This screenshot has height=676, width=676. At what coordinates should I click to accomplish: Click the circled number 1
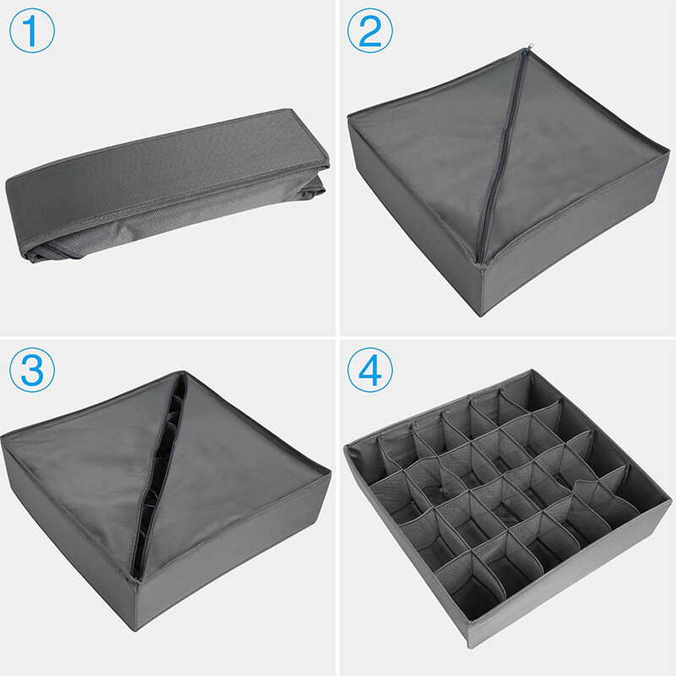pos(32,30)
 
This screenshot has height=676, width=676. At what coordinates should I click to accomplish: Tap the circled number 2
pos(370,30)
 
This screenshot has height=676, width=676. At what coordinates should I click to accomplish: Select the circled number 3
pos(32,369)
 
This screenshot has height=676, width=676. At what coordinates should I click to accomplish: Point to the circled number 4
pos(370,369)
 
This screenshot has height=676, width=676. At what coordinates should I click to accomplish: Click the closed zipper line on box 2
pos(502,155)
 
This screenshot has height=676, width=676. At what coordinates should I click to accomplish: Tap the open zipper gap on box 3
pos(160,474)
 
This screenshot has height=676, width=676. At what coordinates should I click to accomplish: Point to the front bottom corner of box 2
pos(481,316)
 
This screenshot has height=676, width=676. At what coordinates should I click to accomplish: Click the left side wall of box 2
pos(414,215)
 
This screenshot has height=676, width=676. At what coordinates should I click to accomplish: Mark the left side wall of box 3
pos(69,539)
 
